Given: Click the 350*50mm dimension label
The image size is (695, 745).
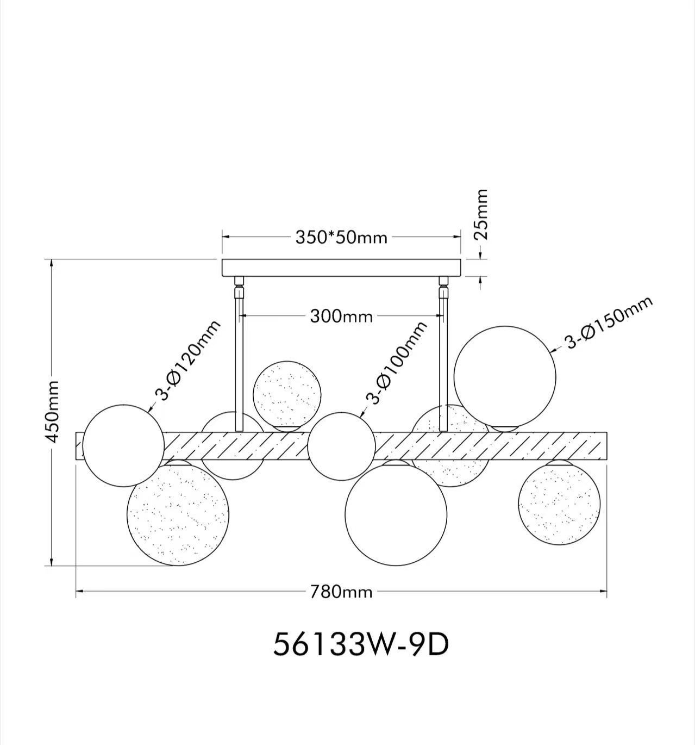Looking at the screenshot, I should coord(341,238).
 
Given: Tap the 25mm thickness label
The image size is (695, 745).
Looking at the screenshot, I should coord(481,214).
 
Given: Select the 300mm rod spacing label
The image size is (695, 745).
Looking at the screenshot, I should coord(341,316).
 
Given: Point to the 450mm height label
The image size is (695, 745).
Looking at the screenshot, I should coord(52,411).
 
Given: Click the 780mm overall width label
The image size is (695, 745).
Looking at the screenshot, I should coord(341,592).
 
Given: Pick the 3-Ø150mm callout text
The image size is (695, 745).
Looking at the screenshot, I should coord(608,324).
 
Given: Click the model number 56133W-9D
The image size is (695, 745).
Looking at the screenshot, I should coord(361,645).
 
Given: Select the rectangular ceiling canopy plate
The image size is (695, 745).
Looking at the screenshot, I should coord(341,268).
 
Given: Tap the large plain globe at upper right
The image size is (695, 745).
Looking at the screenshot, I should coord(505,376).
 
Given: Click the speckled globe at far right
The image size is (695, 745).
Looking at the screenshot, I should coord(559,504).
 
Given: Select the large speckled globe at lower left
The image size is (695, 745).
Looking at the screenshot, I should coord(178,514).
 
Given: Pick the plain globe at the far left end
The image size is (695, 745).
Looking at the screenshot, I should coord(123,445).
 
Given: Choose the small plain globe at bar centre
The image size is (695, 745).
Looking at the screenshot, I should coord(341,446).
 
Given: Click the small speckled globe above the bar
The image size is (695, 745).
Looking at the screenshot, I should coord(287,394).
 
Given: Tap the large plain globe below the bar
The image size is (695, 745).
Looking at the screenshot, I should coord(396,514).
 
